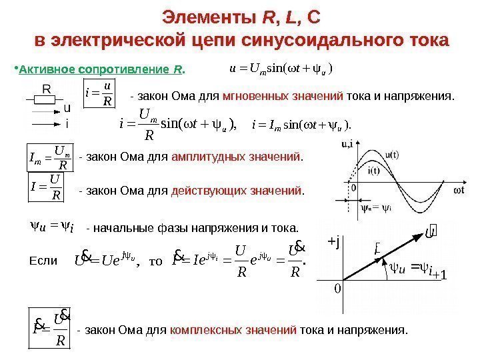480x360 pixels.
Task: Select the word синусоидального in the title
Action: (x=313, y=41)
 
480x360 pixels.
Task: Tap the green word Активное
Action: (x=45, y=69)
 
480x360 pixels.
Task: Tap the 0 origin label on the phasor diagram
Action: (x=337, y=288)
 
